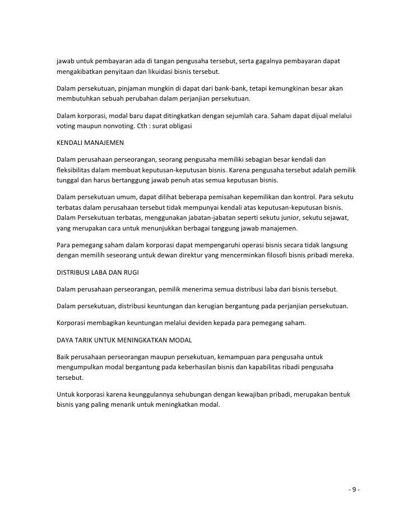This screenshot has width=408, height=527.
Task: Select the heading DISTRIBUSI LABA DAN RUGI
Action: pyautogui.click(x=98, y=272)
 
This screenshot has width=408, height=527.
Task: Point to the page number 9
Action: pyautogui.click(x=354, y=490)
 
